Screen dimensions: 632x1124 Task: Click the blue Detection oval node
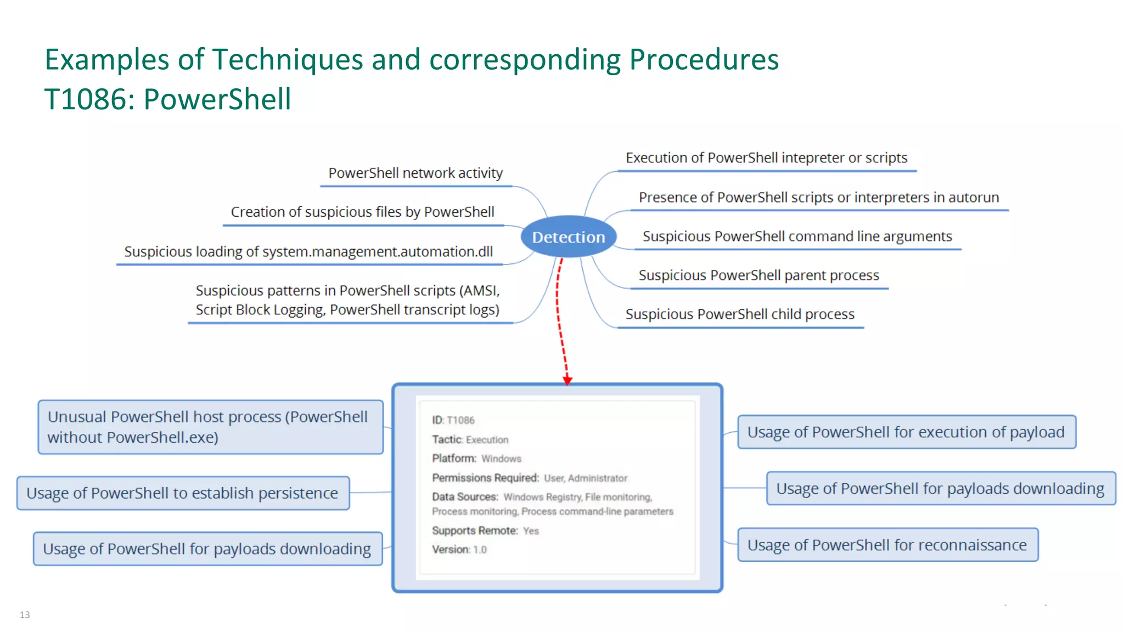569,237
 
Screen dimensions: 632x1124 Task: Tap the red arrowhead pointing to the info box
567,380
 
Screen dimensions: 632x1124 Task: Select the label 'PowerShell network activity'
415,173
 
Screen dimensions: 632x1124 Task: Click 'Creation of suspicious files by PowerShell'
362,212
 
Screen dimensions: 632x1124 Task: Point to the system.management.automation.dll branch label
308,252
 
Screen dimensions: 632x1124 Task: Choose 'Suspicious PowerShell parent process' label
758,275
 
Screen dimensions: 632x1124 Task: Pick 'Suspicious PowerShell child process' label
740,314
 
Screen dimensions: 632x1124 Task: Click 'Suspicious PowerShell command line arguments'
797,236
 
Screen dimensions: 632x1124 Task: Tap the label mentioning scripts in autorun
818,198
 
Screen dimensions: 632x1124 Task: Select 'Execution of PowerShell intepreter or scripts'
766,158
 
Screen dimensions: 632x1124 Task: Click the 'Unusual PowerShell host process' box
210,427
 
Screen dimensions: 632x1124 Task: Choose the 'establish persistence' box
183,493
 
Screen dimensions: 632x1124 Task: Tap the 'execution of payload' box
906,432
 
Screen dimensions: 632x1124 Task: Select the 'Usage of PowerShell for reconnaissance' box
887,545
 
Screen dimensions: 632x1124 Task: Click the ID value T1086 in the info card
460,420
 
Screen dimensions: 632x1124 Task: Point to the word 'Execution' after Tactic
487,439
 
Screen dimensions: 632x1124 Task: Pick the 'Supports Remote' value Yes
531,531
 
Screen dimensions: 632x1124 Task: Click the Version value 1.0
480,550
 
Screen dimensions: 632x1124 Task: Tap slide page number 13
25,614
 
